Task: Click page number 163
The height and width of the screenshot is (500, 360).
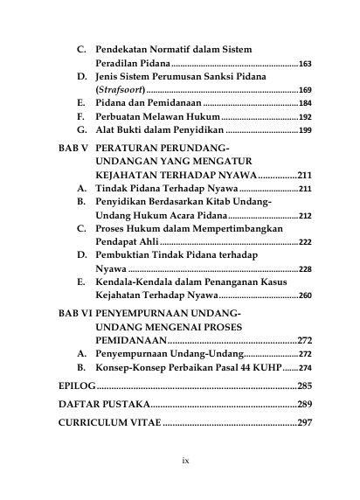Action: (x=305, y=65)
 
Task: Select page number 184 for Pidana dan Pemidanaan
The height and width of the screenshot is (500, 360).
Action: (x=305, y=103)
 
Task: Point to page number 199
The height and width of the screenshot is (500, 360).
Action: (x=305, y=129)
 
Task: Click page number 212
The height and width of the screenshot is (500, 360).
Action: (x=305, y=215)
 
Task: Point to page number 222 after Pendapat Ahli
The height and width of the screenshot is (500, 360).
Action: (x=305, y=242)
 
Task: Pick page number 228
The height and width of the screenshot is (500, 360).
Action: (x=305, y=270)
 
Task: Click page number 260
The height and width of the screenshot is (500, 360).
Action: (x=305, y=296)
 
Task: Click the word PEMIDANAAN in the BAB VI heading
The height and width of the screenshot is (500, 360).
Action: (x=130, y=340)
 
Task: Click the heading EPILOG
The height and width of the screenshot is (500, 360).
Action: (x=76, y=385)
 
